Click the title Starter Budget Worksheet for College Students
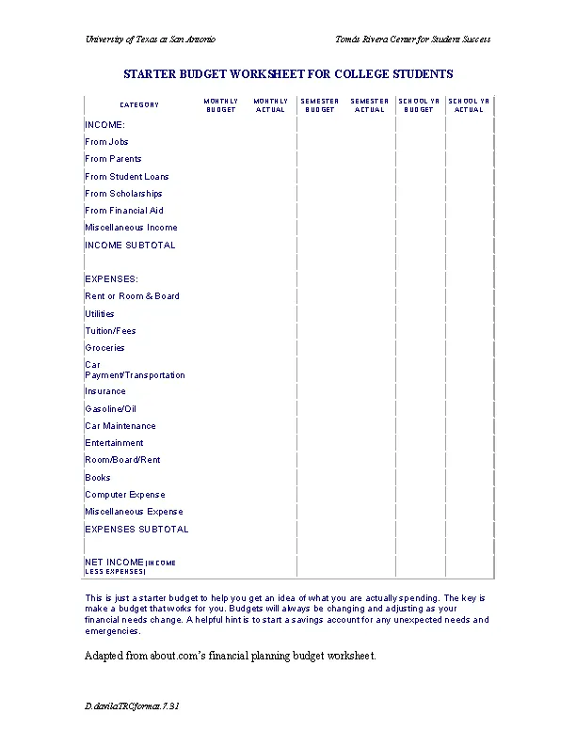click(288, 73)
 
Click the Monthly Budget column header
click(221, 105)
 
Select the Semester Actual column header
click(370, 105)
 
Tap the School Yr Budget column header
click(419, 105)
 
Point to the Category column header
click(139, 105)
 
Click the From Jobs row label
click(106, 142)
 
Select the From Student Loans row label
click(127, 177)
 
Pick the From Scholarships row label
click(123, 194)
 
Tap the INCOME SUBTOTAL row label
click(130, 246)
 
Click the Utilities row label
click(100, 314)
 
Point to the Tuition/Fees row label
click(110, 331)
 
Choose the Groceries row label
click(104, 348)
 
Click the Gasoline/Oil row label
click(111, 409)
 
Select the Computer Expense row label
click(125, 495)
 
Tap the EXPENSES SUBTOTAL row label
click(136, 530)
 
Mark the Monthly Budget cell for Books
click(221, 478)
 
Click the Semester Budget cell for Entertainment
click(320, 443)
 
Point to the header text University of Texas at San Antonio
click(151, 40)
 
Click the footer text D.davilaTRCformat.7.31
click(132, 705)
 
